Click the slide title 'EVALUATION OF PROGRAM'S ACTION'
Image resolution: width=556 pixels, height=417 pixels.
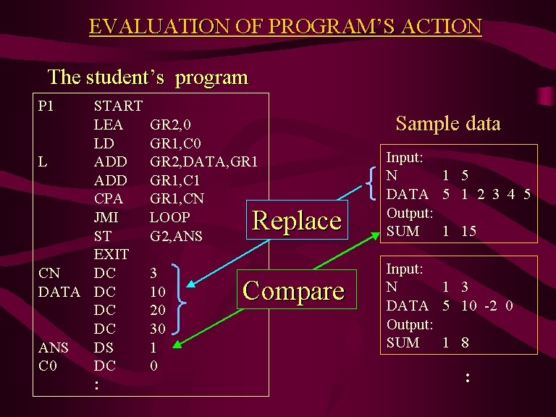(x=285, y=26)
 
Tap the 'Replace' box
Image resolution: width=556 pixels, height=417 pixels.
(x=297, y=220)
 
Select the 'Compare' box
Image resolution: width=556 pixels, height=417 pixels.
(x=296, y=290)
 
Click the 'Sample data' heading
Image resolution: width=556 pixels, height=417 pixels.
(x=448, y=123)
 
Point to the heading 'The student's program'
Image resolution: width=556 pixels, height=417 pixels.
(x=148, y=77)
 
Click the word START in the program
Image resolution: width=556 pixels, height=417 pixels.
(x=119, y=106)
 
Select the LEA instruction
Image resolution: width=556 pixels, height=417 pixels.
(x=109, y=125)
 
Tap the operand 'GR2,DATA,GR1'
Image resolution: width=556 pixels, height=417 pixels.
(x=203, y=161)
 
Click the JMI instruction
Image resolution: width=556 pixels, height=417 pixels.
(x=106, y=217)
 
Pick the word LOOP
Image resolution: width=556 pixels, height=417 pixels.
(x=170, y=217)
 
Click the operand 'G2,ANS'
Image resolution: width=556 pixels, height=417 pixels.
(x=176, y=236)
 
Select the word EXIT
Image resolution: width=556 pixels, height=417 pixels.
(x=111, y=254)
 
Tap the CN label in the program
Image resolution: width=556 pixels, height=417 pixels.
(x=49, y=273)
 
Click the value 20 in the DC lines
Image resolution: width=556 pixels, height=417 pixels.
(x=158, y=310)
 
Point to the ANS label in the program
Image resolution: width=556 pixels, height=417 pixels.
(x=53, y=347)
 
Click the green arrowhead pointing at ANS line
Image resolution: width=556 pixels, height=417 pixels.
(x=177, y=344)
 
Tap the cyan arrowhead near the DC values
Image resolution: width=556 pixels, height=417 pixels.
(x=191, y=284)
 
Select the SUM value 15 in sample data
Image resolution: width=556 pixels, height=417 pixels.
(x=469, y=231)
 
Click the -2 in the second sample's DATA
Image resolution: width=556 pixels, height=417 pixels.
(x=491, y=306)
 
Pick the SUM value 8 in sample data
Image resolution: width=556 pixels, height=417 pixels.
(x=466, y=342)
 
